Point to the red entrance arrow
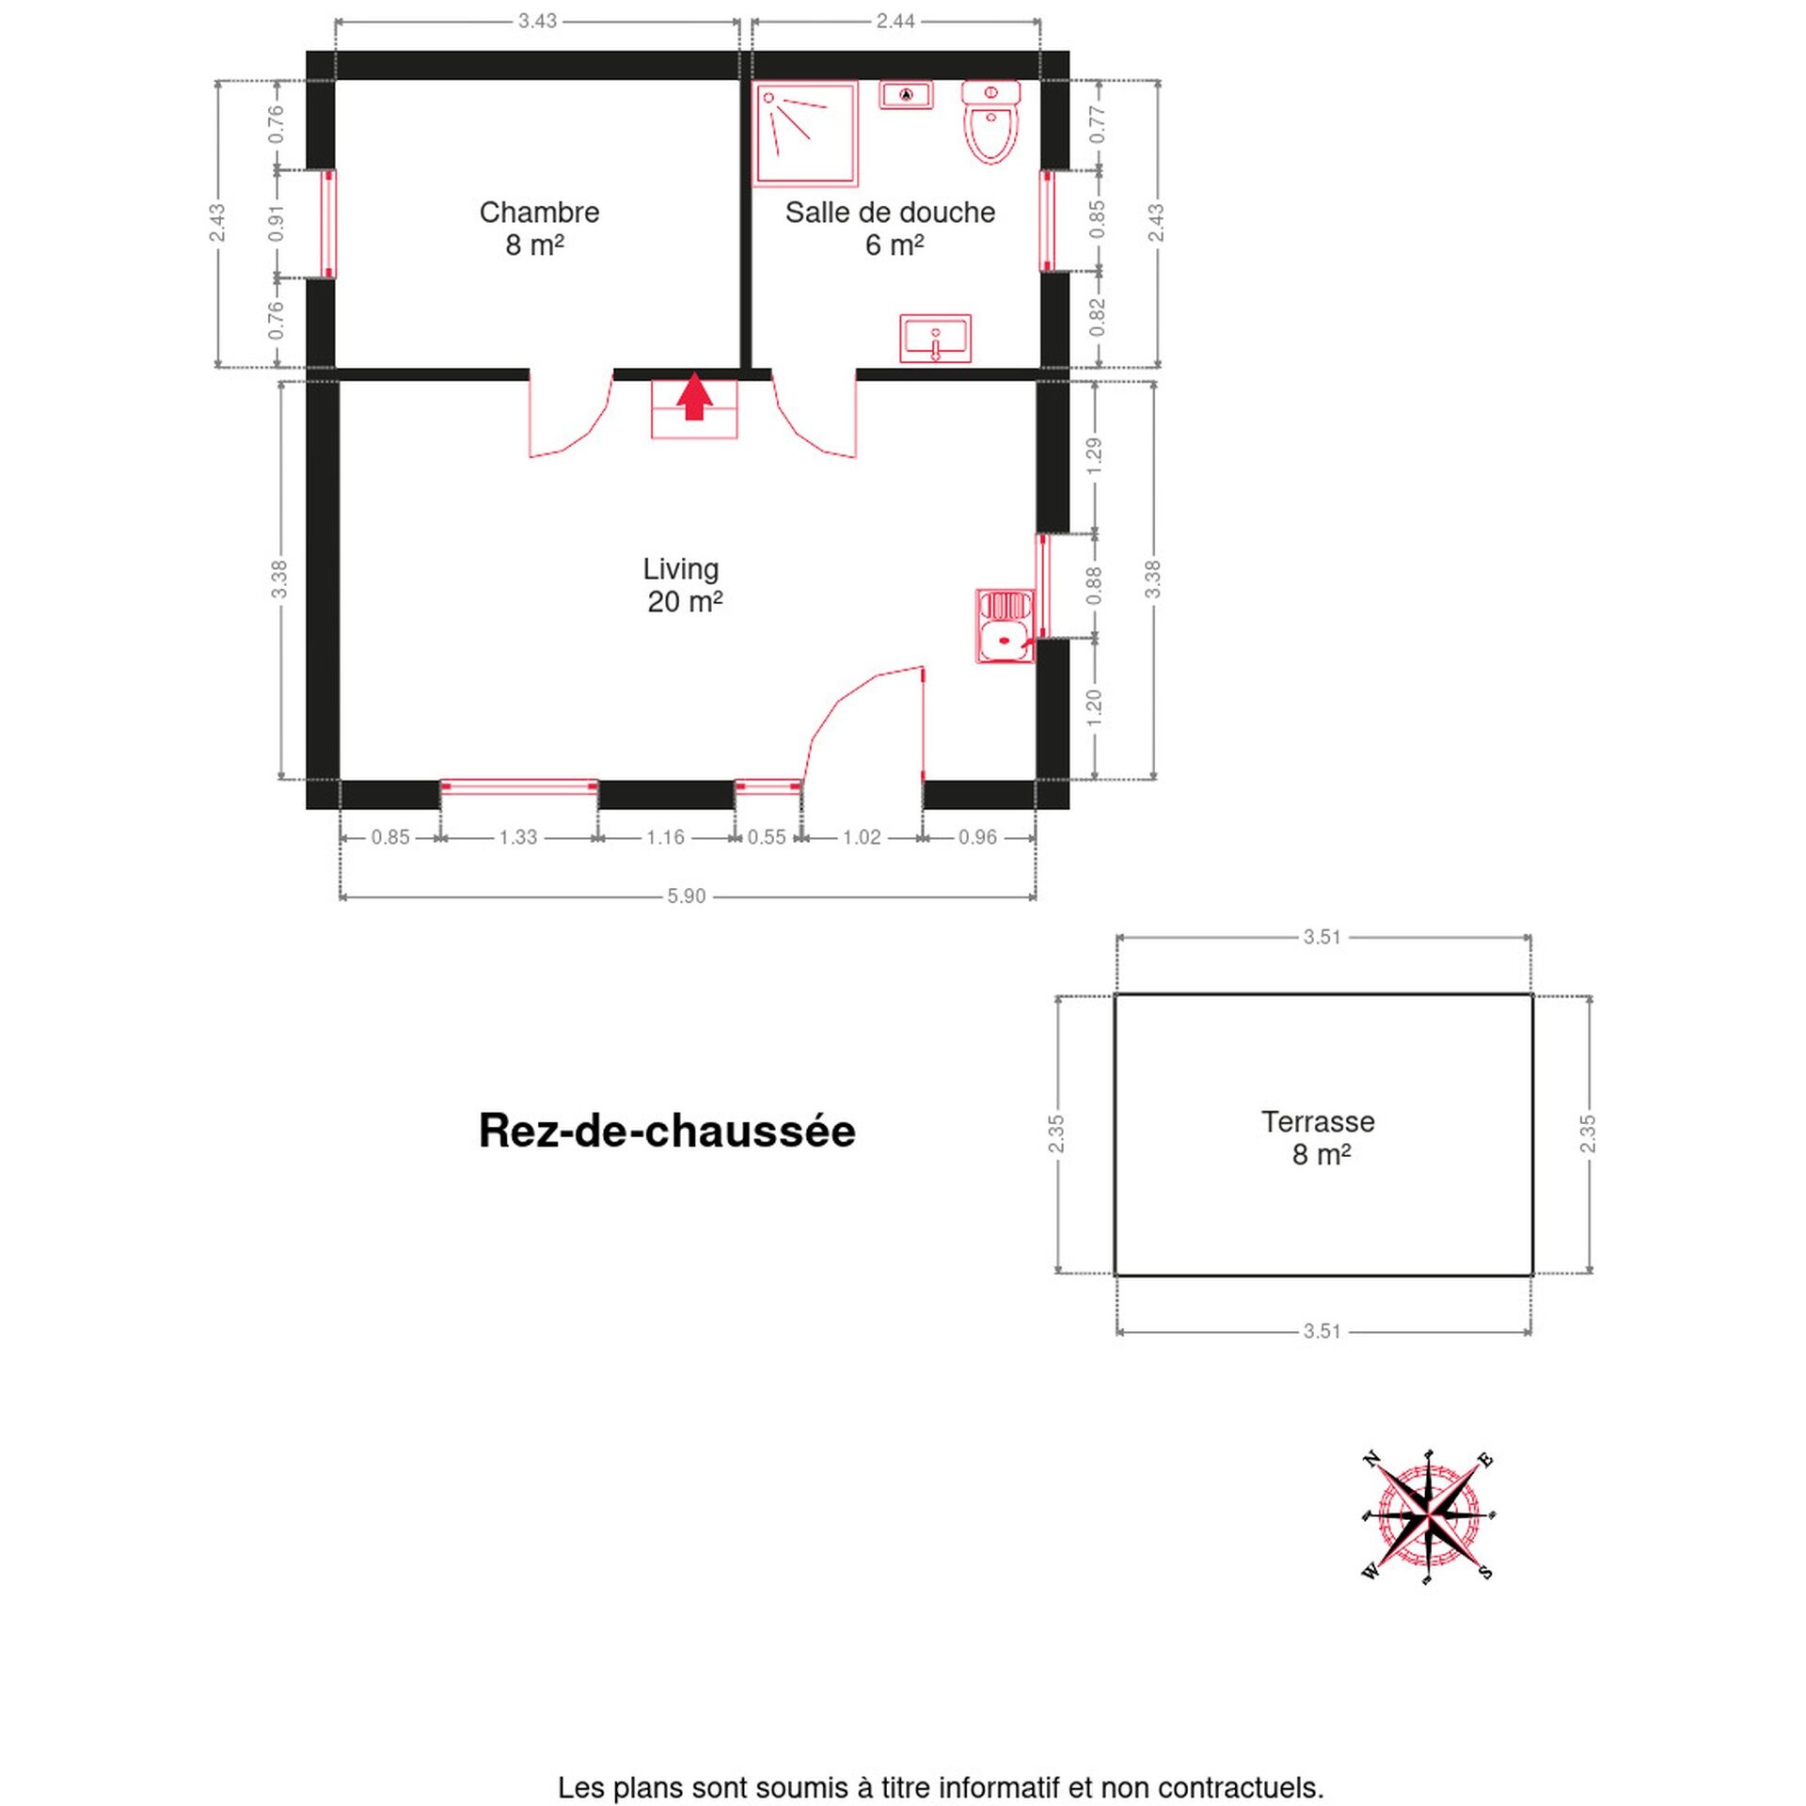pos(694,396)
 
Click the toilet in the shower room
pos(990,122)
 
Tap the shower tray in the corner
pos(806,134)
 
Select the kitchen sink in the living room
pos(1006,626)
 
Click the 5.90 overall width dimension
pos(686,896)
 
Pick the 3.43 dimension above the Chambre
pos(537,21)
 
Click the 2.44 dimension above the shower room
pos(895,21)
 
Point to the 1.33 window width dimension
pos(517,837)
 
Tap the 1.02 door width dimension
pos(861,837)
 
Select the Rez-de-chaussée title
pos(667,1131)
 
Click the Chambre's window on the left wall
pos(328,224)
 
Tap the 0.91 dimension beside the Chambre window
pos(276,224)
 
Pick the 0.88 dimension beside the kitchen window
pos(1094,586)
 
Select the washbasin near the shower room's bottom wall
pos(935,339)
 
